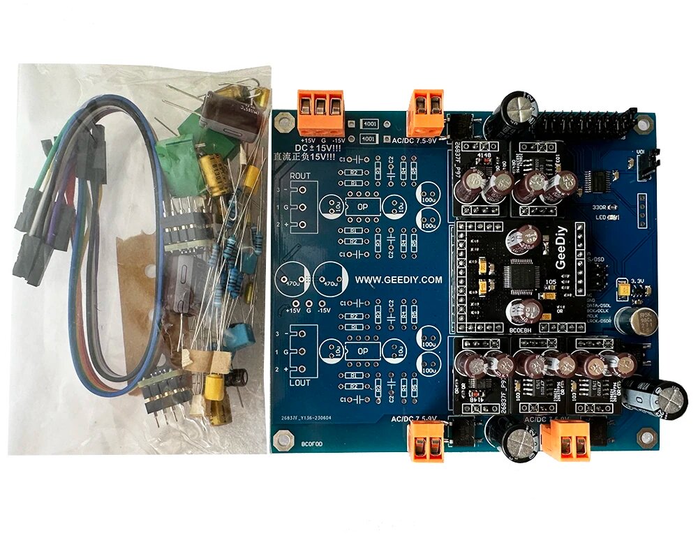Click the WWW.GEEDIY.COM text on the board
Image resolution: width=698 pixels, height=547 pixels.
point(399,280)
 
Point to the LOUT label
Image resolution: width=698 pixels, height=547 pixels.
point(301,384)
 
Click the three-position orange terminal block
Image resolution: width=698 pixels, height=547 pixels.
point(320,112)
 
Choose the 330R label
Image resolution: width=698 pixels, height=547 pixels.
point(599,207)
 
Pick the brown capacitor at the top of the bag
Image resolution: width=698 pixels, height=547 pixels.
point(227,112)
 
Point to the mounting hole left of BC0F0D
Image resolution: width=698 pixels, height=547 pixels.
point(283,441)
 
